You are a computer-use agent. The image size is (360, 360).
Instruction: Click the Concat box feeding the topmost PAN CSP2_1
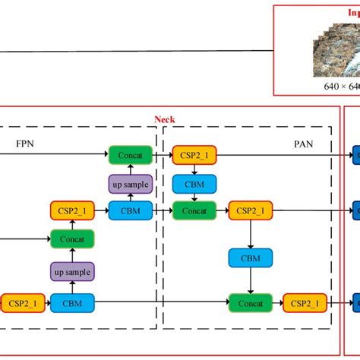click(x=130, y=155)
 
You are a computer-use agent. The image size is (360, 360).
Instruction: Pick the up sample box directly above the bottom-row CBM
click(x=72, y=271)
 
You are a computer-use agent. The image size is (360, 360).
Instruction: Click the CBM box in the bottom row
click(x=72, y=304)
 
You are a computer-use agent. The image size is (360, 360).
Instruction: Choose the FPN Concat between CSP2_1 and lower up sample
click(x=72, y=239)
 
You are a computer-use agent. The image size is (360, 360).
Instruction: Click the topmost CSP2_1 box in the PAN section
click(x=194, y=155)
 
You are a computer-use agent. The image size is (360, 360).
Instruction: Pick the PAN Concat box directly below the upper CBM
click(x=194, y=210)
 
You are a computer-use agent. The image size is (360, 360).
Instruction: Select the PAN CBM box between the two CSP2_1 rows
click(x=251, y=257)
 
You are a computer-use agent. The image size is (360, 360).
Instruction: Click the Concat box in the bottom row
click(x=251, y=304)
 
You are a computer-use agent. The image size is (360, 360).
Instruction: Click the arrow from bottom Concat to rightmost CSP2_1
click(x=277, y=304)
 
